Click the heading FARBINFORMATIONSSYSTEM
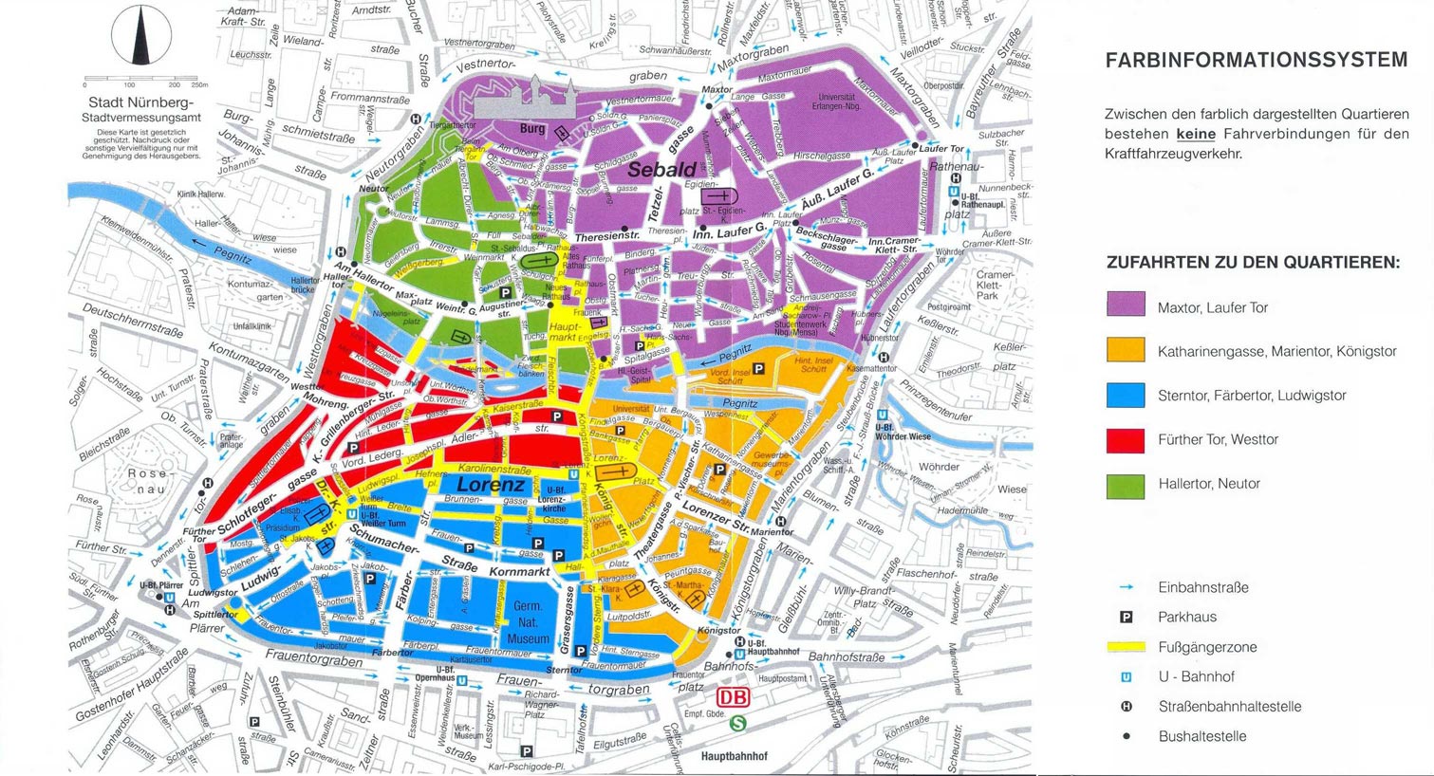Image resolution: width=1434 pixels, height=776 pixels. (x=1257, y=61)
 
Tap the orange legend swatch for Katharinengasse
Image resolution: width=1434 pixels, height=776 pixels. (x=1126, y=350)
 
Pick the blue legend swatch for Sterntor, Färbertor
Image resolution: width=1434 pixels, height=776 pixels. (x=1126, y=395)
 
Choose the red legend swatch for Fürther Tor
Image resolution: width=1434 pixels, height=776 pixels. (x=1126, y=439)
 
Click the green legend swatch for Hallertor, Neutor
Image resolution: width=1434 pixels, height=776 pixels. (x=1126, y=484)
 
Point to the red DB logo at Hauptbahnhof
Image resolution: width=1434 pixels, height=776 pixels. (x=732, y=698)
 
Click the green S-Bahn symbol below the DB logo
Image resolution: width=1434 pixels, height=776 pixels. (x=737, y=723)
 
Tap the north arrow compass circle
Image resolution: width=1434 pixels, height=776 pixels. (x=140, y=37)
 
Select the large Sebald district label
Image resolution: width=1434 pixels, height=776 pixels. (x=661, y=171)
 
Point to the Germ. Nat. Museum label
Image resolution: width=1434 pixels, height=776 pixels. (x=527, y=622)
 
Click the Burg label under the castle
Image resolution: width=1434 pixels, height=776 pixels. (x=531, y=129)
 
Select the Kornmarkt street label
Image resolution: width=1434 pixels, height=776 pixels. (x=519, y=572)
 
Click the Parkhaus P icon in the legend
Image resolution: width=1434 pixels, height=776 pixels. (x=1127, y=618)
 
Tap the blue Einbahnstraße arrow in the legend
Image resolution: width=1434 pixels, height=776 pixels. (x=1127, y=587)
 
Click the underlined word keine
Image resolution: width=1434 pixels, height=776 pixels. (x=1196, y=134)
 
